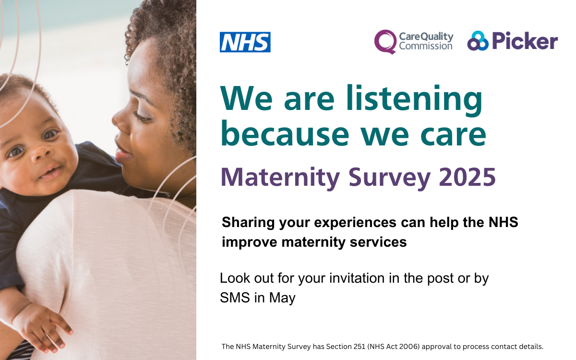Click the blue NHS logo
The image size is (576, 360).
(x=245, y=42)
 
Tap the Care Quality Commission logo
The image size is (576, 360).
(x=413, y=42)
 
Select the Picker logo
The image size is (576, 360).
(x=512, y=42)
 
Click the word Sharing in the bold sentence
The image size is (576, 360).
(x=245, y=223)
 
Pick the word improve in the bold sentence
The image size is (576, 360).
(x=250, y=242)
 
